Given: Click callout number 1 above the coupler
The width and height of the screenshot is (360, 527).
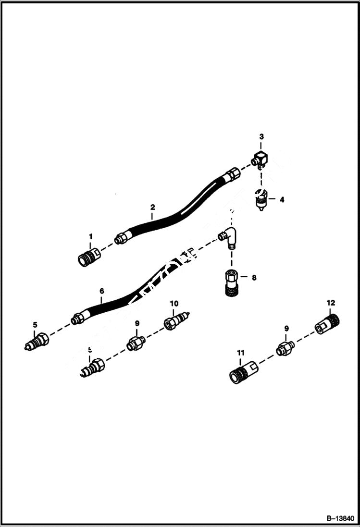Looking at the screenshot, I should click(89, 236).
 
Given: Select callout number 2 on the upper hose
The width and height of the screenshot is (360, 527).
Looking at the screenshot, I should click(152, 208).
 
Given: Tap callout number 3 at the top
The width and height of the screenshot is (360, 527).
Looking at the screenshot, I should click(261, 137).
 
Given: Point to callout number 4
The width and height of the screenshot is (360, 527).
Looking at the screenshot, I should click(282, 199).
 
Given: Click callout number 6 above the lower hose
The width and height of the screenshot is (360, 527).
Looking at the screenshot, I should click(101, 291).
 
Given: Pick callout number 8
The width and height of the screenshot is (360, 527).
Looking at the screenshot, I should click(254, 277).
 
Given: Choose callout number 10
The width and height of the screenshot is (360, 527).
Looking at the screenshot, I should click(174, 304).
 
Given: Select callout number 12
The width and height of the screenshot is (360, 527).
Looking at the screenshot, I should click(331, 303).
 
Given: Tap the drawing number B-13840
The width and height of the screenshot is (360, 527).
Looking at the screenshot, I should click(339, 518).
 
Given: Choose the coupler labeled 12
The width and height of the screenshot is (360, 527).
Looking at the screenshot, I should click(327, 322).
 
